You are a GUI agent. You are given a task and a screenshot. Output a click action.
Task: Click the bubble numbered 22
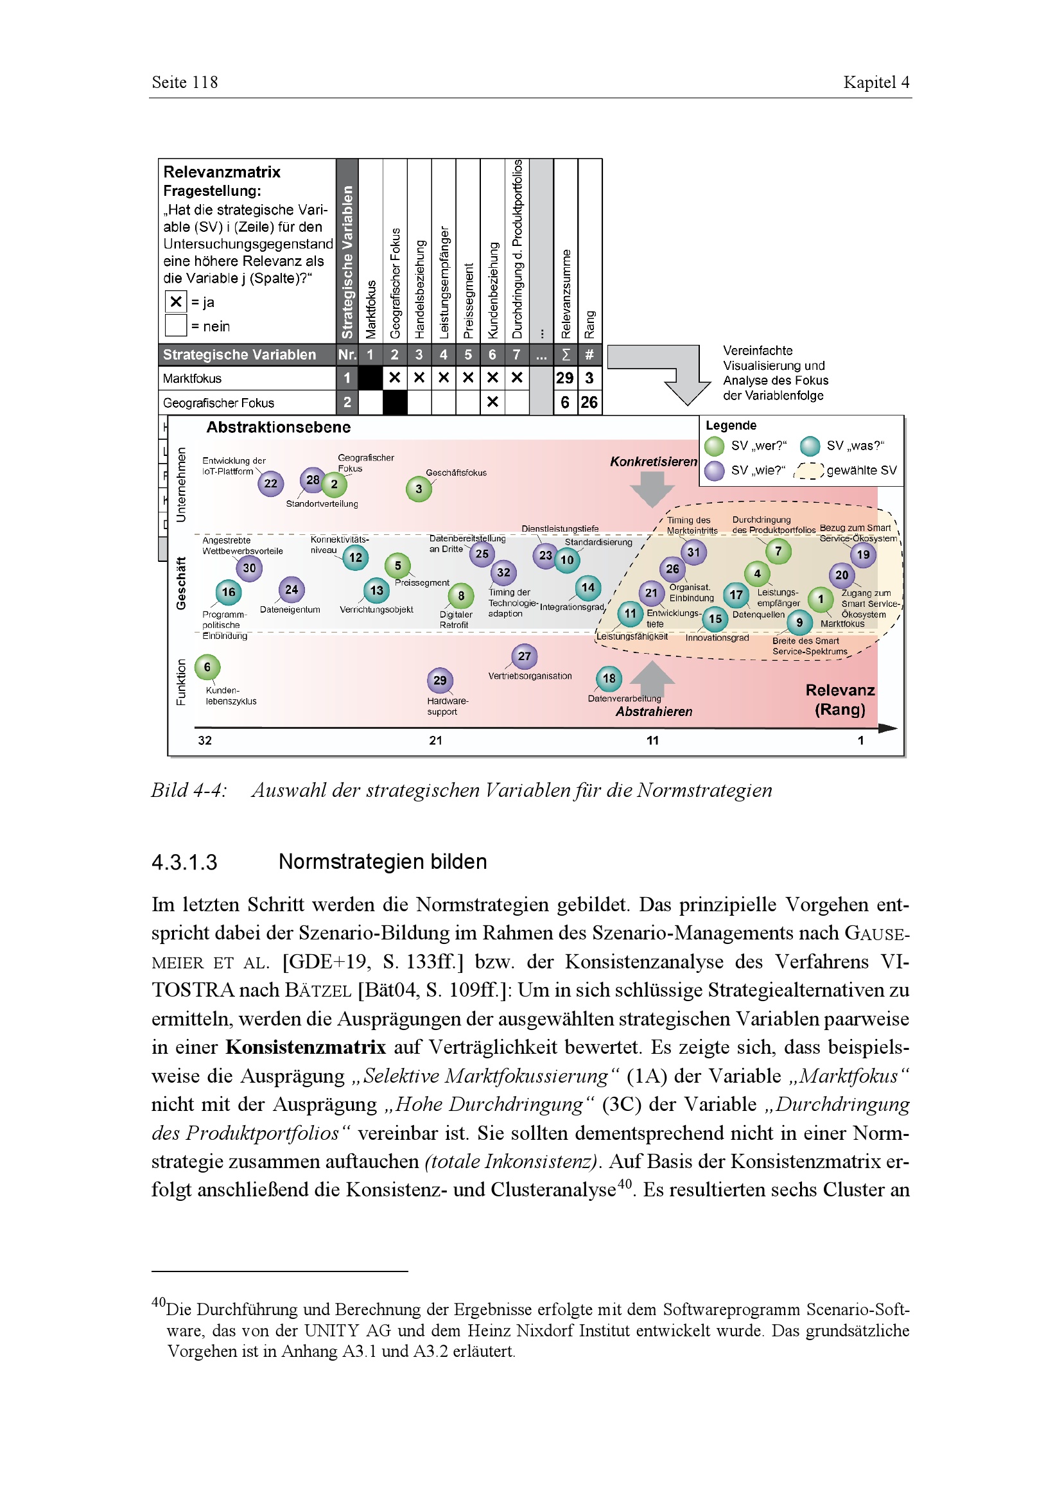pyautogui.click(x=270, y=484)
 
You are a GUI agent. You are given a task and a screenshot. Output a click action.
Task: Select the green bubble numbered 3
pyautogui.click(x=419, y=489)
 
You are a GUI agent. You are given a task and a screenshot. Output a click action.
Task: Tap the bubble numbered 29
pyautogui.click(x=440, y=680)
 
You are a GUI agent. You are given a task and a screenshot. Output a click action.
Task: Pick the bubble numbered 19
pyautogui.click(x=863, y=555)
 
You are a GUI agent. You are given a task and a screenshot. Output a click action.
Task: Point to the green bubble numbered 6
pyautogui.click(x=207, y=667)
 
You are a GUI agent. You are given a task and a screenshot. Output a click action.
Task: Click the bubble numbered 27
pyautogui.click(x=525, y=656)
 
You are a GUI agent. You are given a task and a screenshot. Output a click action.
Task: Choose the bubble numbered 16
pyautogui.click(x=228, y=592)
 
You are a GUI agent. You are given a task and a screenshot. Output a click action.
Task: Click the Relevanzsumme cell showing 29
pyautogui.click(x=565, y=378)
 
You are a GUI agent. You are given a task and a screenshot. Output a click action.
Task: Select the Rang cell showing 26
pyautogui.click(x=589, y=403)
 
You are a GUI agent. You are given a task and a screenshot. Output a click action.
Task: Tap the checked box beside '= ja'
pyautogui.click(x=175, y=302)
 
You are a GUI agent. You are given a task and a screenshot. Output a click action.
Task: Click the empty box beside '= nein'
pyautogui.click(x=175, y=325)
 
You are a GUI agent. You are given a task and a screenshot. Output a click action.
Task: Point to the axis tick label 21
pyautogui.click(x=435, y=740)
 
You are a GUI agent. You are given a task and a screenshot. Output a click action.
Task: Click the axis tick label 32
pyautogui.click(x=205, y=740)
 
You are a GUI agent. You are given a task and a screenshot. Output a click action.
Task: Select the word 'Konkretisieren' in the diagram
pyautogui.click(x=653, y=461)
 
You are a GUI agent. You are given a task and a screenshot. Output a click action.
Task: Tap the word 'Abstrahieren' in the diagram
pyautogui.click(x=653, y=712)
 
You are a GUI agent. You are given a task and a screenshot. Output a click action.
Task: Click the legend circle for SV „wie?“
pyautogui.click(x=715, y=470)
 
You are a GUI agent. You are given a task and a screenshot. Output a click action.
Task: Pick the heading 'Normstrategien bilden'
pyautogui.click(x=383, y=862)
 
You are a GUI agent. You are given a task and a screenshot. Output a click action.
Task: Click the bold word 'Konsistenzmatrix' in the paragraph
pyautogui.click(x=306, y=1047)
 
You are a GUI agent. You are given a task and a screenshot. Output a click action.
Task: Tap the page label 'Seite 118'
pyautogui.click(x=184, y=82)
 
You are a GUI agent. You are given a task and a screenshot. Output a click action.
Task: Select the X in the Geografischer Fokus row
pyautogui.click(x=492, y=403)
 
